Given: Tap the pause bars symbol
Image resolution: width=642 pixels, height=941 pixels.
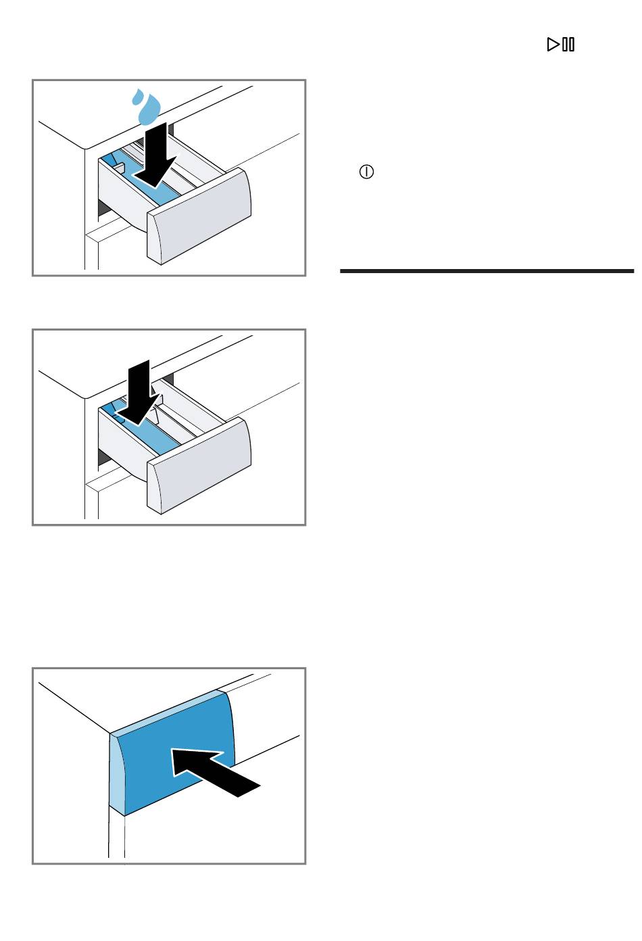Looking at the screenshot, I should [569, 45].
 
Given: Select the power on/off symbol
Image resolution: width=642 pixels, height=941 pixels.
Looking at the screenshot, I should [366, 172].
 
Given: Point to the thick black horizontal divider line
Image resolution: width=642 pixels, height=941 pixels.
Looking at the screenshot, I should [487, 271].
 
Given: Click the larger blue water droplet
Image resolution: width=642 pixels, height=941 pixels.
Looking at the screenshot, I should [149, 110].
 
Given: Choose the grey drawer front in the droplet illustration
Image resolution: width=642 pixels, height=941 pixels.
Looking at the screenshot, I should [200, 216].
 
